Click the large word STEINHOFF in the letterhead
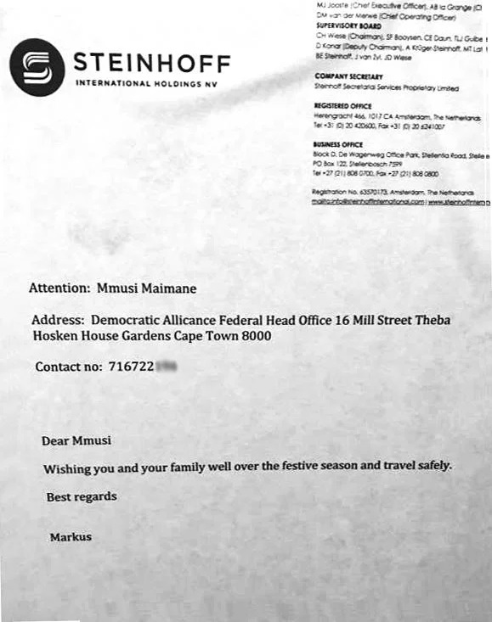point(152,62)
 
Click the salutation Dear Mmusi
point(76,440)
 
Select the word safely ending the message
point(430,467)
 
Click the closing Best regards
point(82,496)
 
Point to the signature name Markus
point(71,537)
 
